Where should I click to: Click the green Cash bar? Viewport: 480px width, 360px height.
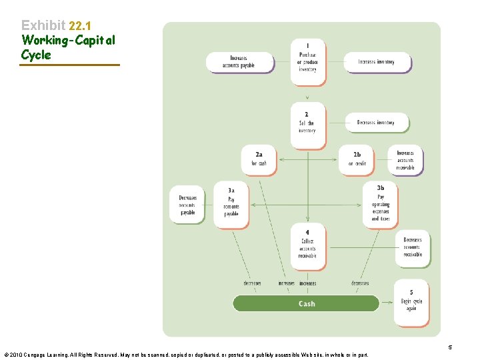click(306, 303)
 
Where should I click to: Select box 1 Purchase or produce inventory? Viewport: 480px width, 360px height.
click(308, 62)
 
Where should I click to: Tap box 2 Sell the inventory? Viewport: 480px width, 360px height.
click(308, 125)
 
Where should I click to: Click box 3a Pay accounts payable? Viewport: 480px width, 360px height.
click(231, 203)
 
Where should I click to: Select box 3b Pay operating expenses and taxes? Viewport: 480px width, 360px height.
click(381, 203)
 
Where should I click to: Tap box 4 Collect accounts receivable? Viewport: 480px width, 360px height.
click(308, 245)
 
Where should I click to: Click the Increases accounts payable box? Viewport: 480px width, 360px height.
click(239, 62)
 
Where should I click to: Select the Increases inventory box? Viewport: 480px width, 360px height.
click(377, 62)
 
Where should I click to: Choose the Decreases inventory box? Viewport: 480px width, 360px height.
click(377, 123)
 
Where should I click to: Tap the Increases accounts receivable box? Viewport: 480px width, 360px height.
click(405, 161)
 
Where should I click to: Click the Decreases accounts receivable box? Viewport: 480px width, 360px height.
click(412, 247)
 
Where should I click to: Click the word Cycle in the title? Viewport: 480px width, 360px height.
click(36, 55)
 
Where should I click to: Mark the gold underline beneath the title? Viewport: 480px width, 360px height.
click(71, 65)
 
